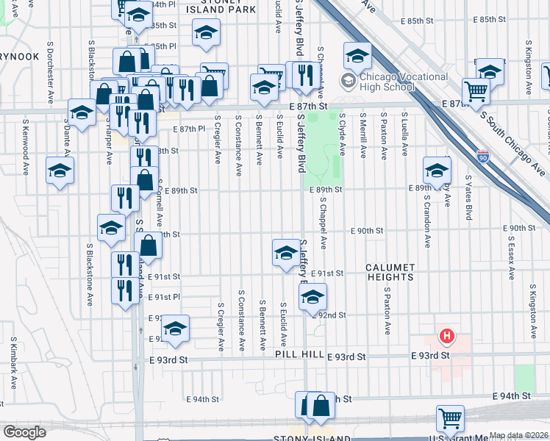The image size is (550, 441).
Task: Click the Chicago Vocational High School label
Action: [400, 79]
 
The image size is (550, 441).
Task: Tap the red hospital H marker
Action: [446, 337]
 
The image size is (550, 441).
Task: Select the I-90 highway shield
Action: [482, 157]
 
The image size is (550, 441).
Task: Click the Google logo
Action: [24, 432]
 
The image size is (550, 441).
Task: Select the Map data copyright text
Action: [519, 435]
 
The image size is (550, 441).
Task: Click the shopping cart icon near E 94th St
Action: [450, 418]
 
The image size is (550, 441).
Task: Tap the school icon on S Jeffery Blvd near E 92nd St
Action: [312, 296]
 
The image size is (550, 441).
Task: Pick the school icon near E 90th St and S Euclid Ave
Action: [285, 253]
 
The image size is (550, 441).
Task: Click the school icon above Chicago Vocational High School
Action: [357, 55]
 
